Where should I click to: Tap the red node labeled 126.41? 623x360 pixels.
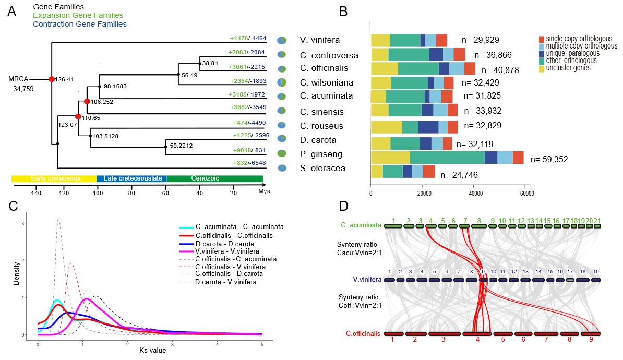point(51,79)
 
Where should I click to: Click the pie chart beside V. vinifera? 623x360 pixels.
point(282,41)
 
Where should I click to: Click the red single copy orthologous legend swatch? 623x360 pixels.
point(542,39)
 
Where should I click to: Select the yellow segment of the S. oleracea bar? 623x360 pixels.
point(377,171)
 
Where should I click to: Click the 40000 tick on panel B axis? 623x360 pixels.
point(475,193)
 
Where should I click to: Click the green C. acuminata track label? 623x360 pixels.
point(360,225)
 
